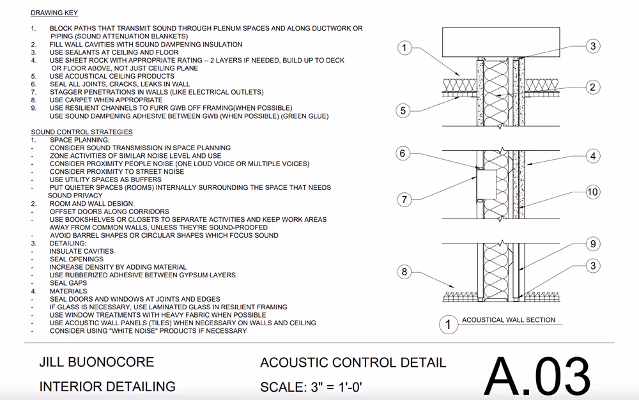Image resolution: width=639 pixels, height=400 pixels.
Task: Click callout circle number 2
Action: click(x=592, y=88)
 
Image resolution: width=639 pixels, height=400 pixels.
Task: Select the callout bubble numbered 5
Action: click(x=403, y=111)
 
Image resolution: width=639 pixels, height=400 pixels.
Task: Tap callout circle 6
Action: click(x=403, y=153)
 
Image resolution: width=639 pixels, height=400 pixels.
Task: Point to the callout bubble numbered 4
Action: click(x=592, y=156)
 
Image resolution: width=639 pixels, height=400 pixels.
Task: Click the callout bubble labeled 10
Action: click(x=592, y=192)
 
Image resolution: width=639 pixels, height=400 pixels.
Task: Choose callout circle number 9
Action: click(x=592, y=243)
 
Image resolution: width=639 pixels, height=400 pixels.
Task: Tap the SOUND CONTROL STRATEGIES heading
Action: click(x=82, y=132)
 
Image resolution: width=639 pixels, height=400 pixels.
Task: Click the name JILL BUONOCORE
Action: click(x=96, y=362)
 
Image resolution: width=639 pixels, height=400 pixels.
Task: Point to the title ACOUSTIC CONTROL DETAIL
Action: click(x=353, y=363)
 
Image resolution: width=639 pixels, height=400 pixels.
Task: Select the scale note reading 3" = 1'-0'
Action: click(x=312, y=387)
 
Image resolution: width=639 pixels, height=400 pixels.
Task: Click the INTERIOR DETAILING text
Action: click(x=107, y=387)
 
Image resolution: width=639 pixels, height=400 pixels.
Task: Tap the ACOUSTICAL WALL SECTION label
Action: click(x=509, y=320)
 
